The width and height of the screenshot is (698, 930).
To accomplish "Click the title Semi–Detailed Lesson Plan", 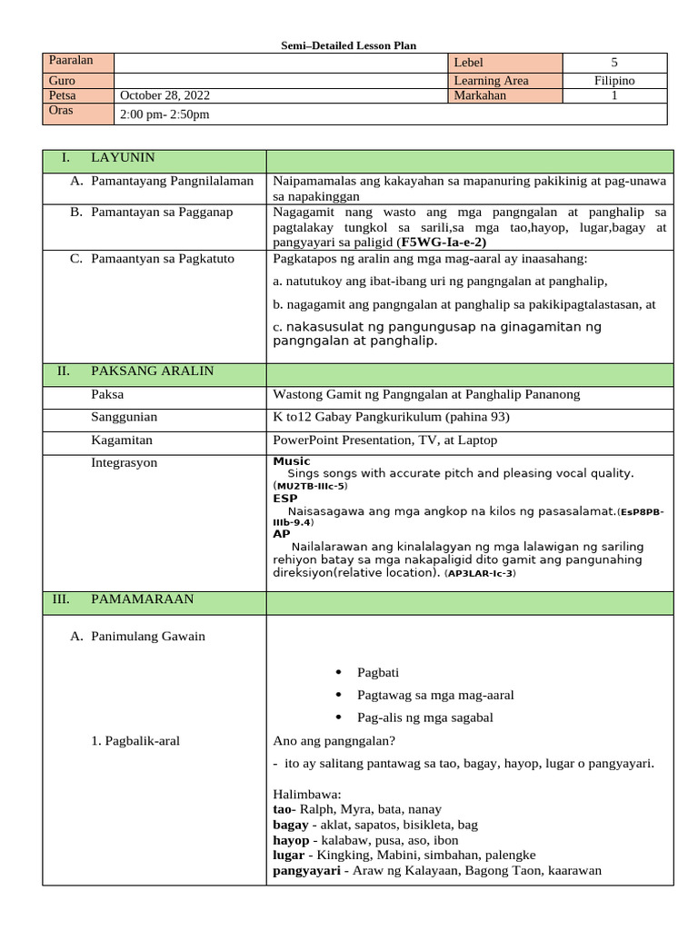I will pyautogui.click(x=349, y=45).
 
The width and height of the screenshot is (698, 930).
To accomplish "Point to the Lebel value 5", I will pyautogui.click(x=614, y=63).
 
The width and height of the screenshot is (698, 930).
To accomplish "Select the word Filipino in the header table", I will pyautogui.click(x=614, y=80).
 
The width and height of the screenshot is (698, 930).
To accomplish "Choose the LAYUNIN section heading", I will pyautogui.click(x=123, y=157).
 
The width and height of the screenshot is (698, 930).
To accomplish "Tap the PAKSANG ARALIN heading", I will pyautogui.click(x=152, y=371).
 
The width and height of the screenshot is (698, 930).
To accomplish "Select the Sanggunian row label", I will pyautogui.click(x=124, y=417).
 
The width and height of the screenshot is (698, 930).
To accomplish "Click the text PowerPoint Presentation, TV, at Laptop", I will pyautogui.click(x=385, y=440).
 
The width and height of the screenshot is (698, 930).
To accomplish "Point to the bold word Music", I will pyautogui.click(x=291, y=461).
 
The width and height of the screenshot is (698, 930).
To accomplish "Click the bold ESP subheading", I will pyautogui.click(x=284, y=498).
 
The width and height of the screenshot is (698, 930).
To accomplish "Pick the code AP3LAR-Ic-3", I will pyautogui.click(x=479, y=574).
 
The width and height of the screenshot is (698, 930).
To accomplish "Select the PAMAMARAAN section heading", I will pyautogui.click(x=142, y=599).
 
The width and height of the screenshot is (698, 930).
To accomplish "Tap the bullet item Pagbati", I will pyautogui.click(x=378, y=672).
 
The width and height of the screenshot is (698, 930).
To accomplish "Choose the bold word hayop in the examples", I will pyautogui.click(x=290, y=839).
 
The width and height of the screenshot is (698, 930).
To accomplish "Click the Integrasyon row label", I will pyautogui.click(x=124, y=462).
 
